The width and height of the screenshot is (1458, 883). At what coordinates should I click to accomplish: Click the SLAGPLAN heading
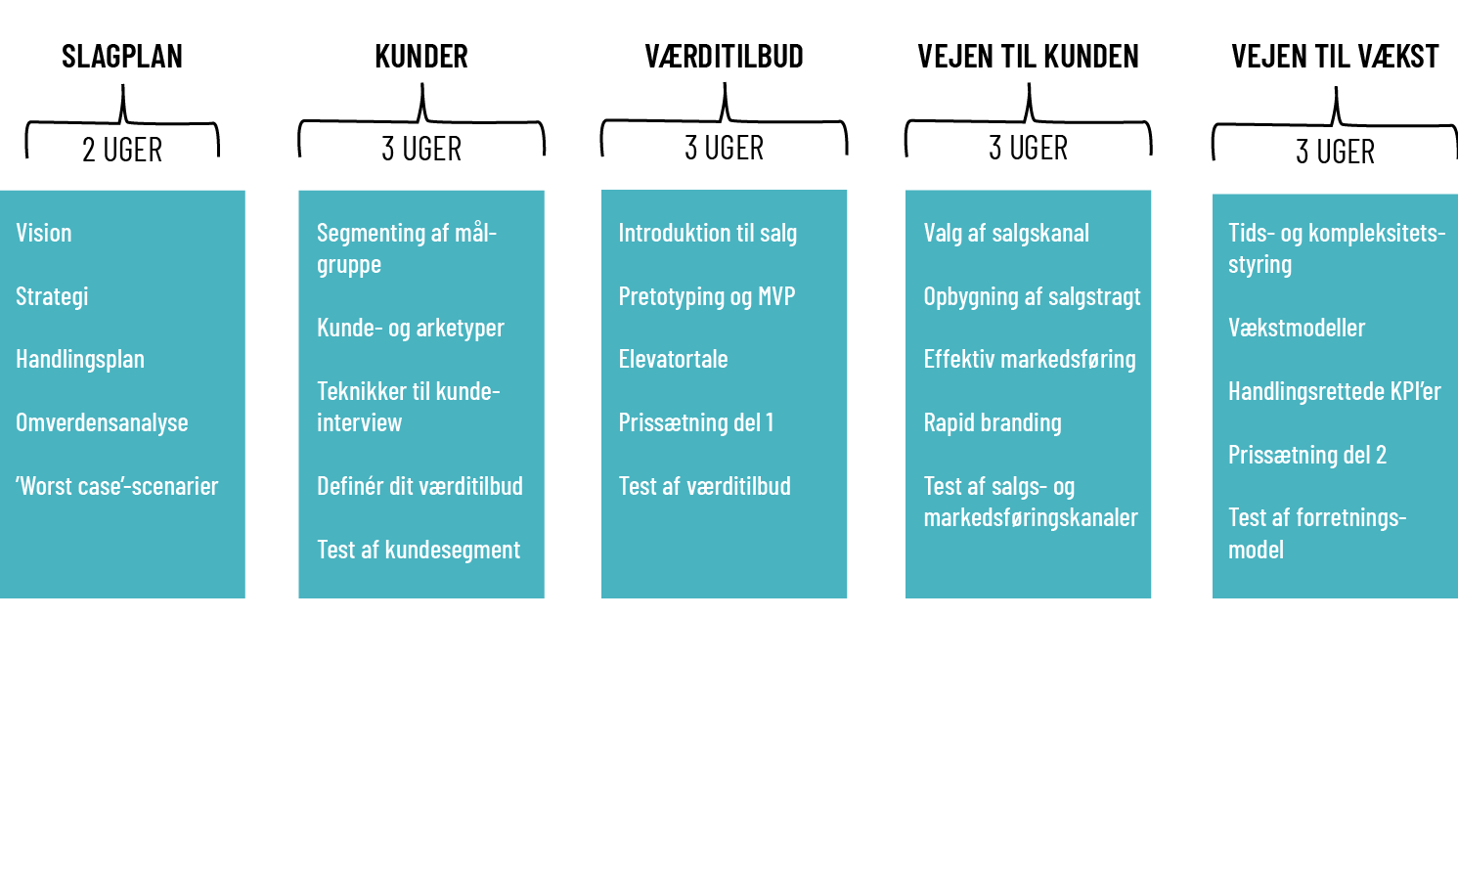pos(122,57)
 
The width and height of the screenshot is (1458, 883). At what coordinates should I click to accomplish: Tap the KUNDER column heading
pos(421,57)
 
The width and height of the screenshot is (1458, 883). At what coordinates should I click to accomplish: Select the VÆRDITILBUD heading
pos(724,57)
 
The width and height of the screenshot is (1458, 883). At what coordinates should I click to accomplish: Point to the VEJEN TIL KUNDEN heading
pos(1028,57)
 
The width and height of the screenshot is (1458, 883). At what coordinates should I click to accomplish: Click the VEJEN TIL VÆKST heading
pos(1335,57)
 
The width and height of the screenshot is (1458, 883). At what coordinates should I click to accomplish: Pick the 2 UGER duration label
pos(122,150)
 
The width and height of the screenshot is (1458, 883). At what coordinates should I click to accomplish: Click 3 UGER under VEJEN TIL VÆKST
pos(1335,152)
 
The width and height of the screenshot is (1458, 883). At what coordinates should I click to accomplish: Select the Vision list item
pos(44,233)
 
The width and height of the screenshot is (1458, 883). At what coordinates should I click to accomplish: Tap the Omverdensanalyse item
pos(102,422)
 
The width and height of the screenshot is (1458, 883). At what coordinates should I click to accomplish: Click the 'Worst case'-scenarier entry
pos(117,486)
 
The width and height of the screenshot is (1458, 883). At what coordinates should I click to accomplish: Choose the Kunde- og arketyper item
pos(411,328)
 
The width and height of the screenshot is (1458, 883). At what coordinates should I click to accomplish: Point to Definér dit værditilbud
pos(420,486)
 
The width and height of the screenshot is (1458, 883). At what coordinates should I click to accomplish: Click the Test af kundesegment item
pos(419,550)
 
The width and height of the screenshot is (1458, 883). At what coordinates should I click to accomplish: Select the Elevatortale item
pos(673,359)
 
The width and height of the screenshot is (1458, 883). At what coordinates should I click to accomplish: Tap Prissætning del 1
pos(696,422)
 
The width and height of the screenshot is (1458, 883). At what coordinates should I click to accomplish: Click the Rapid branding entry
pos(993,422)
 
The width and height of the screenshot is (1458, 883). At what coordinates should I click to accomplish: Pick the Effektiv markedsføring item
pos(1030,359)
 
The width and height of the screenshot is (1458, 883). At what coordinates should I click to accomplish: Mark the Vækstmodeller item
pos(1297,328)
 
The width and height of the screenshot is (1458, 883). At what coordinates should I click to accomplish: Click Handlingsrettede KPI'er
pos(1335,391)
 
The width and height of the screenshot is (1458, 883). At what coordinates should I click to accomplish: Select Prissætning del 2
pos(1307,455)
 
